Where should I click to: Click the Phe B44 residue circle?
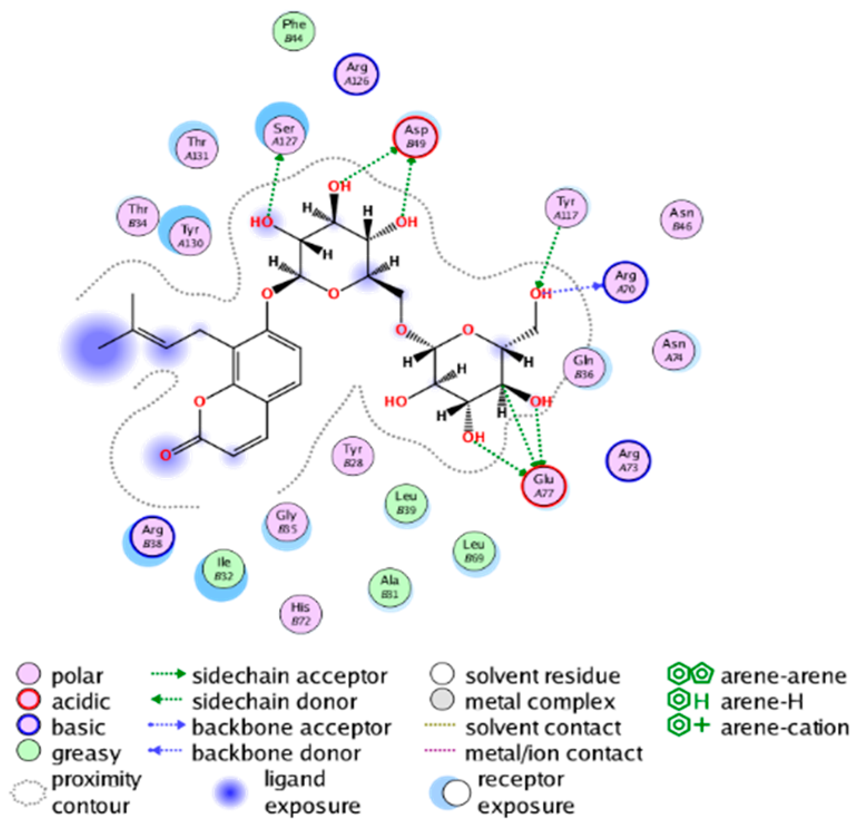(x=294, y=31)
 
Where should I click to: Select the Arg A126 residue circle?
(x=356, y=74)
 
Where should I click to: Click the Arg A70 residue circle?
(x=626, y=282)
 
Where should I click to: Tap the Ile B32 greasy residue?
(x=224, y=570)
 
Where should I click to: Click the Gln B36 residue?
(x=584, y=367)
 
